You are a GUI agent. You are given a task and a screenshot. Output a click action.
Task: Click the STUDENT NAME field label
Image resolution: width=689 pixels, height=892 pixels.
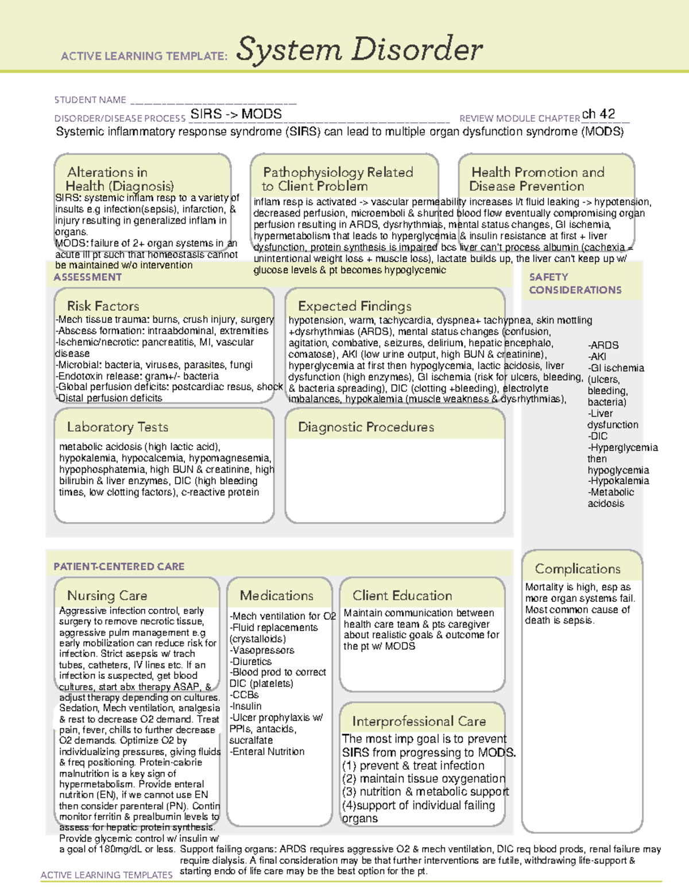click(90, 100)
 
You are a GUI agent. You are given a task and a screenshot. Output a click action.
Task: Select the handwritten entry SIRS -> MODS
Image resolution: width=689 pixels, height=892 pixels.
click(236, 114)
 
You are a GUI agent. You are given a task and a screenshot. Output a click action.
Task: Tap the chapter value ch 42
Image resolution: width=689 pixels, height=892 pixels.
click(598, 114)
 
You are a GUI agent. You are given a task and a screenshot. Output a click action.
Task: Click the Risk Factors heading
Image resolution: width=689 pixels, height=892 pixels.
click(103, 306)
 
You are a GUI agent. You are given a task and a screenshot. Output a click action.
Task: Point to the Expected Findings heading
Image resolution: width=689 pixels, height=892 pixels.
click(354, 306)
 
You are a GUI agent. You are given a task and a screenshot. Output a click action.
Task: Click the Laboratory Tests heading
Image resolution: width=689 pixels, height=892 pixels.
click(117, 427)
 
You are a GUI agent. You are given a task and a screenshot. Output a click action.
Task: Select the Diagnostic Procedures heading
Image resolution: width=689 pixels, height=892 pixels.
click(366, 427)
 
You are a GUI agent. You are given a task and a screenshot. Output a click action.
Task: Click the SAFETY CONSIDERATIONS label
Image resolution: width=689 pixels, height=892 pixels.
click(575, 283)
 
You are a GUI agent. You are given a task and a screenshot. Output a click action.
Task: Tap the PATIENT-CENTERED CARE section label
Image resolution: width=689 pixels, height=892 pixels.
click(119, 566)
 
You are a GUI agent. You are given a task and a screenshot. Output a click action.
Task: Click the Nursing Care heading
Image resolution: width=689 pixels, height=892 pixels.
click(107, 595)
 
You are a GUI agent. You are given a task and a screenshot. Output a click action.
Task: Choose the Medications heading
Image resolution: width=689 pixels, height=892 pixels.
click(276, 595)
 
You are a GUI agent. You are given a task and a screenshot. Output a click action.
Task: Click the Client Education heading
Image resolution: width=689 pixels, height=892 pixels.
click(402, 595)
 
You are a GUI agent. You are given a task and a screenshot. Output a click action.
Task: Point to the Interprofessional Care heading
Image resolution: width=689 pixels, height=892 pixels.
click(419, 721)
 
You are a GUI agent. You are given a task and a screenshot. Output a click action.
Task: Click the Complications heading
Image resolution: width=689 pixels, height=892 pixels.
click(577, 569)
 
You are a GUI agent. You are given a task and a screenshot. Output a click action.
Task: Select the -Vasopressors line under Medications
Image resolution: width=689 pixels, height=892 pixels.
click(262, 650)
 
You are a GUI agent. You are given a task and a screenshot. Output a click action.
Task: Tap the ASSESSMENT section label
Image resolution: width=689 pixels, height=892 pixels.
click(87, 277)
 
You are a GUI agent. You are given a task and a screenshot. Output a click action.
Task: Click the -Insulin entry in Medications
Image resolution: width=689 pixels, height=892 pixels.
click(246, 706)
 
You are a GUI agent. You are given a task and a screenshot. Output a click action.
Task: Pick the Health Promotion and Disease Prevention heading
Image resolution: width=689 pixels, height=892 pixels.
click(537, 179)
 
